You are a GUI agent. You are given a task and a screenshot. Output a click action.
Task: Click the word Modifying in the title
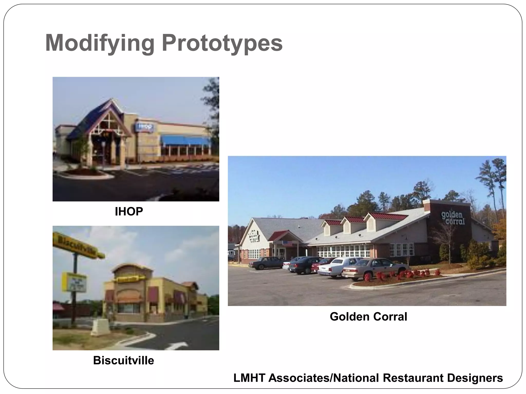(100, 43)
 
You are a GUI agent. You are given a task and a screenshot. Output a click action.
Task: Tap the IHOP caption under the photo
(129, 212)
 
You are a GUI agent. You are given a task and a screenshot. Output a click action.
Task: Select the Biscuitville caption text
(124, 360)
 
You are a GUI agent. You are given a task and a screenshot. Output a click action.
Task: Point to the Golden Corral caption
(368, 317)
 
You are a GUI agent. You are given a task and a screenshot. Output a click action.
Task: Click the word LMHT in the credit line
(249, 378)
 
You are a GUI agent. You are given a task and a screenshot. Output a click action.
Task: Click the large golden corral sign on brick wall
(453, 218)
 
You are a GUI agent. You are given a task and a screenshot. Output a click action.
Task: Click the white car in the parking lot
(336, 267)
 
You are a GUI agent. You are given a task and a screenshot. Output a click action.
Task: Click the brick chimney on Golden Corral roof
(427, 205)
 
